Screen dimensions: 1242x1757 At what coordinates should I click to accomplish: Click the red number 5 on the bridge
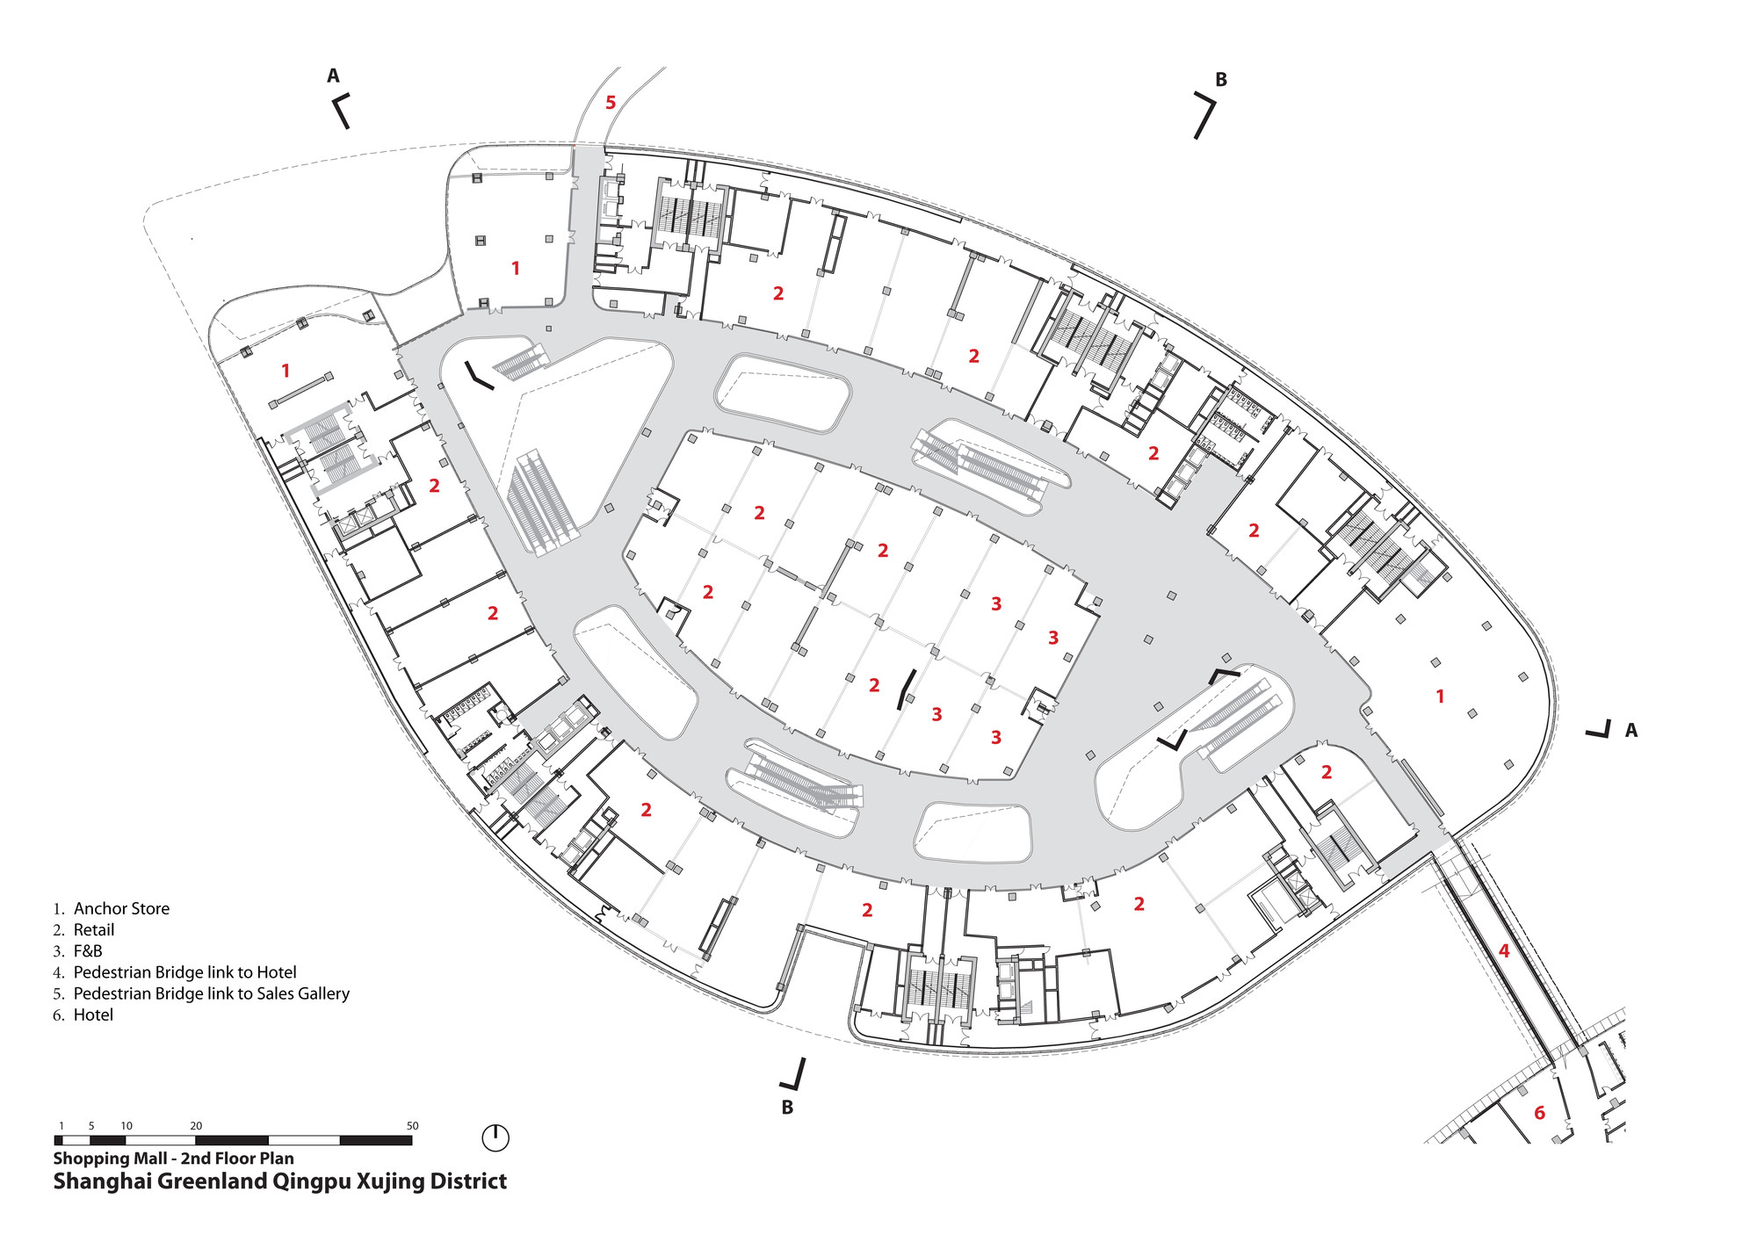click(611, 104)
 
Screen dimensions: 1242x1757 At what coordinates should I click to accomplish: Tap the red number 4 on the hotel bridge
click(1503, 950)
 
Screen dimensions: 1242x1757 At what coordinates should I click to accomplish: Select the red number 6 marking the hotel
click(1539, 1113)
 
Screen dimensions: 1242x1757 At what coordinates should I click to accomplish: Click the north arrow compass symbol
click(495, 1137)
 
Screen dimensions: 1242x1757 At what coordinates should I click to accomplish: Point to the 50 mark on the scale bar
click(412, 1125)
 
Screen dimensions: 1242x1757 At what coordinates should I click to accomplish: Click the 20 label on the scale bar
click(196, 1125)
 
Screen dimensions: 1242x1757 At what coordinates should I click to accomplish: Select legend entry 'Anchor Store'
click(121, 908)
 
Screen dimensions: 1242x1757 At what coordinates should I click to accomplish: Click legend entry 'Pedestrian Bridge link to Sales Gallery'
click(211, 993)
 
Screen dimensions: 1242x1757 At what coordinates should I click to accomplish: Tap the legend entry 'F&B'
click(88, 951)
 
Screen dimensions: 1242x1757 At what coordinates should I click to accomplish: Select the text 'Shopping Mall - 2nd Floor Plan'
click(173, 1158)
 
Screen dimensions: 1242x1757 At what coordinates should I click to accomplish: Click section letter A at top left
click(333, 76)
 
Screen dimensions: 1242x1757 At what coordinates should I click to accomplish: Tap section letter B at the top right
click(1220, 80)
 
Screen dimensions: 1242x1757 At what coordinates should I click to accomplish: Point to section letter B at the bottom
click(787, 1108)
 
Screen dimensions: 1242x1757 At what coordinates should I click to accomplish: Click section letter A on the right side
click(1630, 730)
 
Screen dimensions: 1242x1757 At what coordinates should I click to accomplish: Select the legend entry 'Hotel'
click(93, 1015)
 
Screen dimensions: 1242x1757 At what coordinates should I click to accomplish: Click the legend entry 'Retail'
click(94, 929)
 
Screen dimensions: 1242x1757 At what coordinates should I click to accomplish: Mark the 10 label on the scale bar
click(127, 1125)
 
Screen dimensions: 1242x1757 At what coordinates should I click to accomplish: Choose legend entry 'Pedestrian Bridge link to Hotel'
click(184, 972)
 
